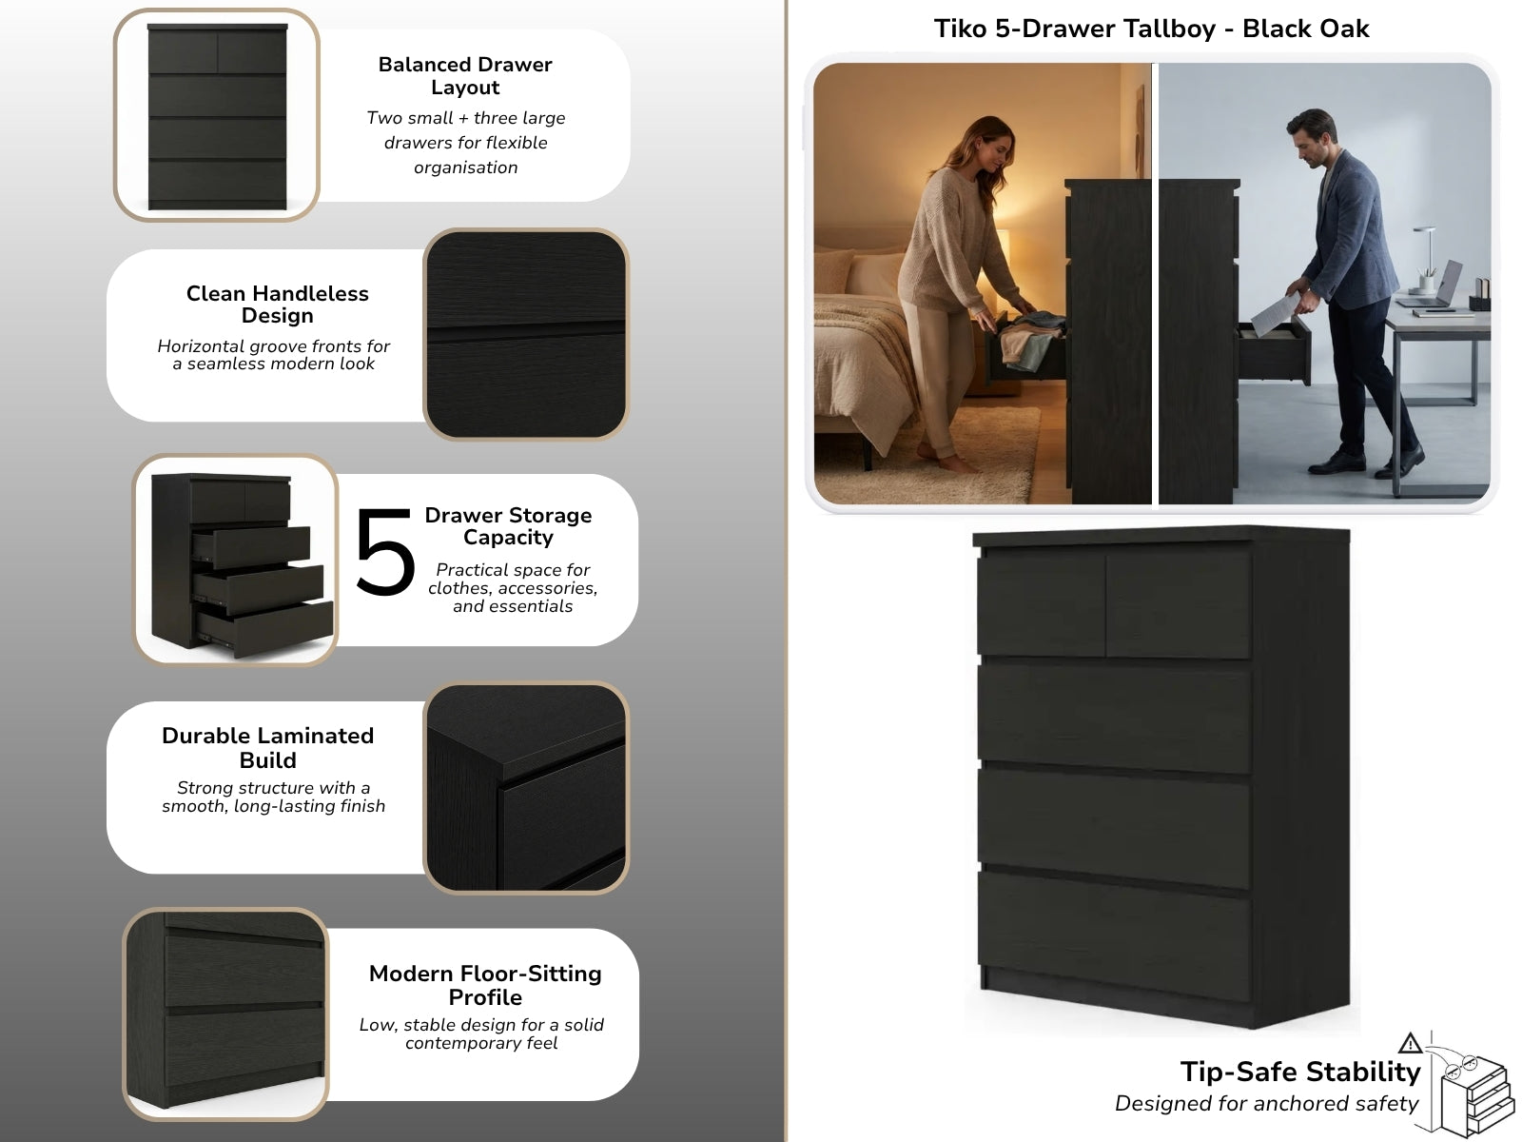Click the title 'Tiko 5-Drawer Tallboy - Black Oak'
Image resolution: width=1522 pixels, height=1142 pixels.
pos(1151,29)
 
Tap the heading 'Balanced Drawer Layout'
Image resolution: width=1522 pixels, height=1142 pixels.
pos(465,75)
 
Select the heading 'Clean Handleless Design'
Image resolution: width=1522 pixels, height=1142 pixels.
pos(278,305)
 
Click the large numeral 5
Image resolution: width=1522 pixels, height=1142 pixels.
pos(385,551)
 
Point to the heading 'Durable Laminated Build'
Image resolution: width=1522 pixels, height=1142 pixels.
pos(267,747)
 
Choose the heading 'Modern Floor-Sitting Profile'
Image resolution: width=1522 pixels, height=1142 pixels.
pos(485,985)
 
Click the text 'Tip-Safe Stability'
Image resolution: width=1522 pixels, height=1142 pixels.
pos(1300,1072)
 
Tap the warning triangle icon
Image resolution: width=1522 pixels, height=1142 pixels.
pos(1410,1043)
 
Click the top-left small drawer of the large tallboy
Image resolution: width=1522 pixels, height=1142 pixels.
pos(1041,604)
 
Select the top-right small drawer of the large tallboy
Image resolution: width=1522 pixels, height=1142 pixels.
pos(1179,601)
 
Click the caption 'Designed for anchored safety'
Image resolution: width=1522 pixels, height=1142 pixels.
pos(1266,1103)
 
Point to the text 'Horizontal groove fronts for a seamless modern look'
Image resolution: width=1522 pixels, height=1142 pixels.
pos(274,354)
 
